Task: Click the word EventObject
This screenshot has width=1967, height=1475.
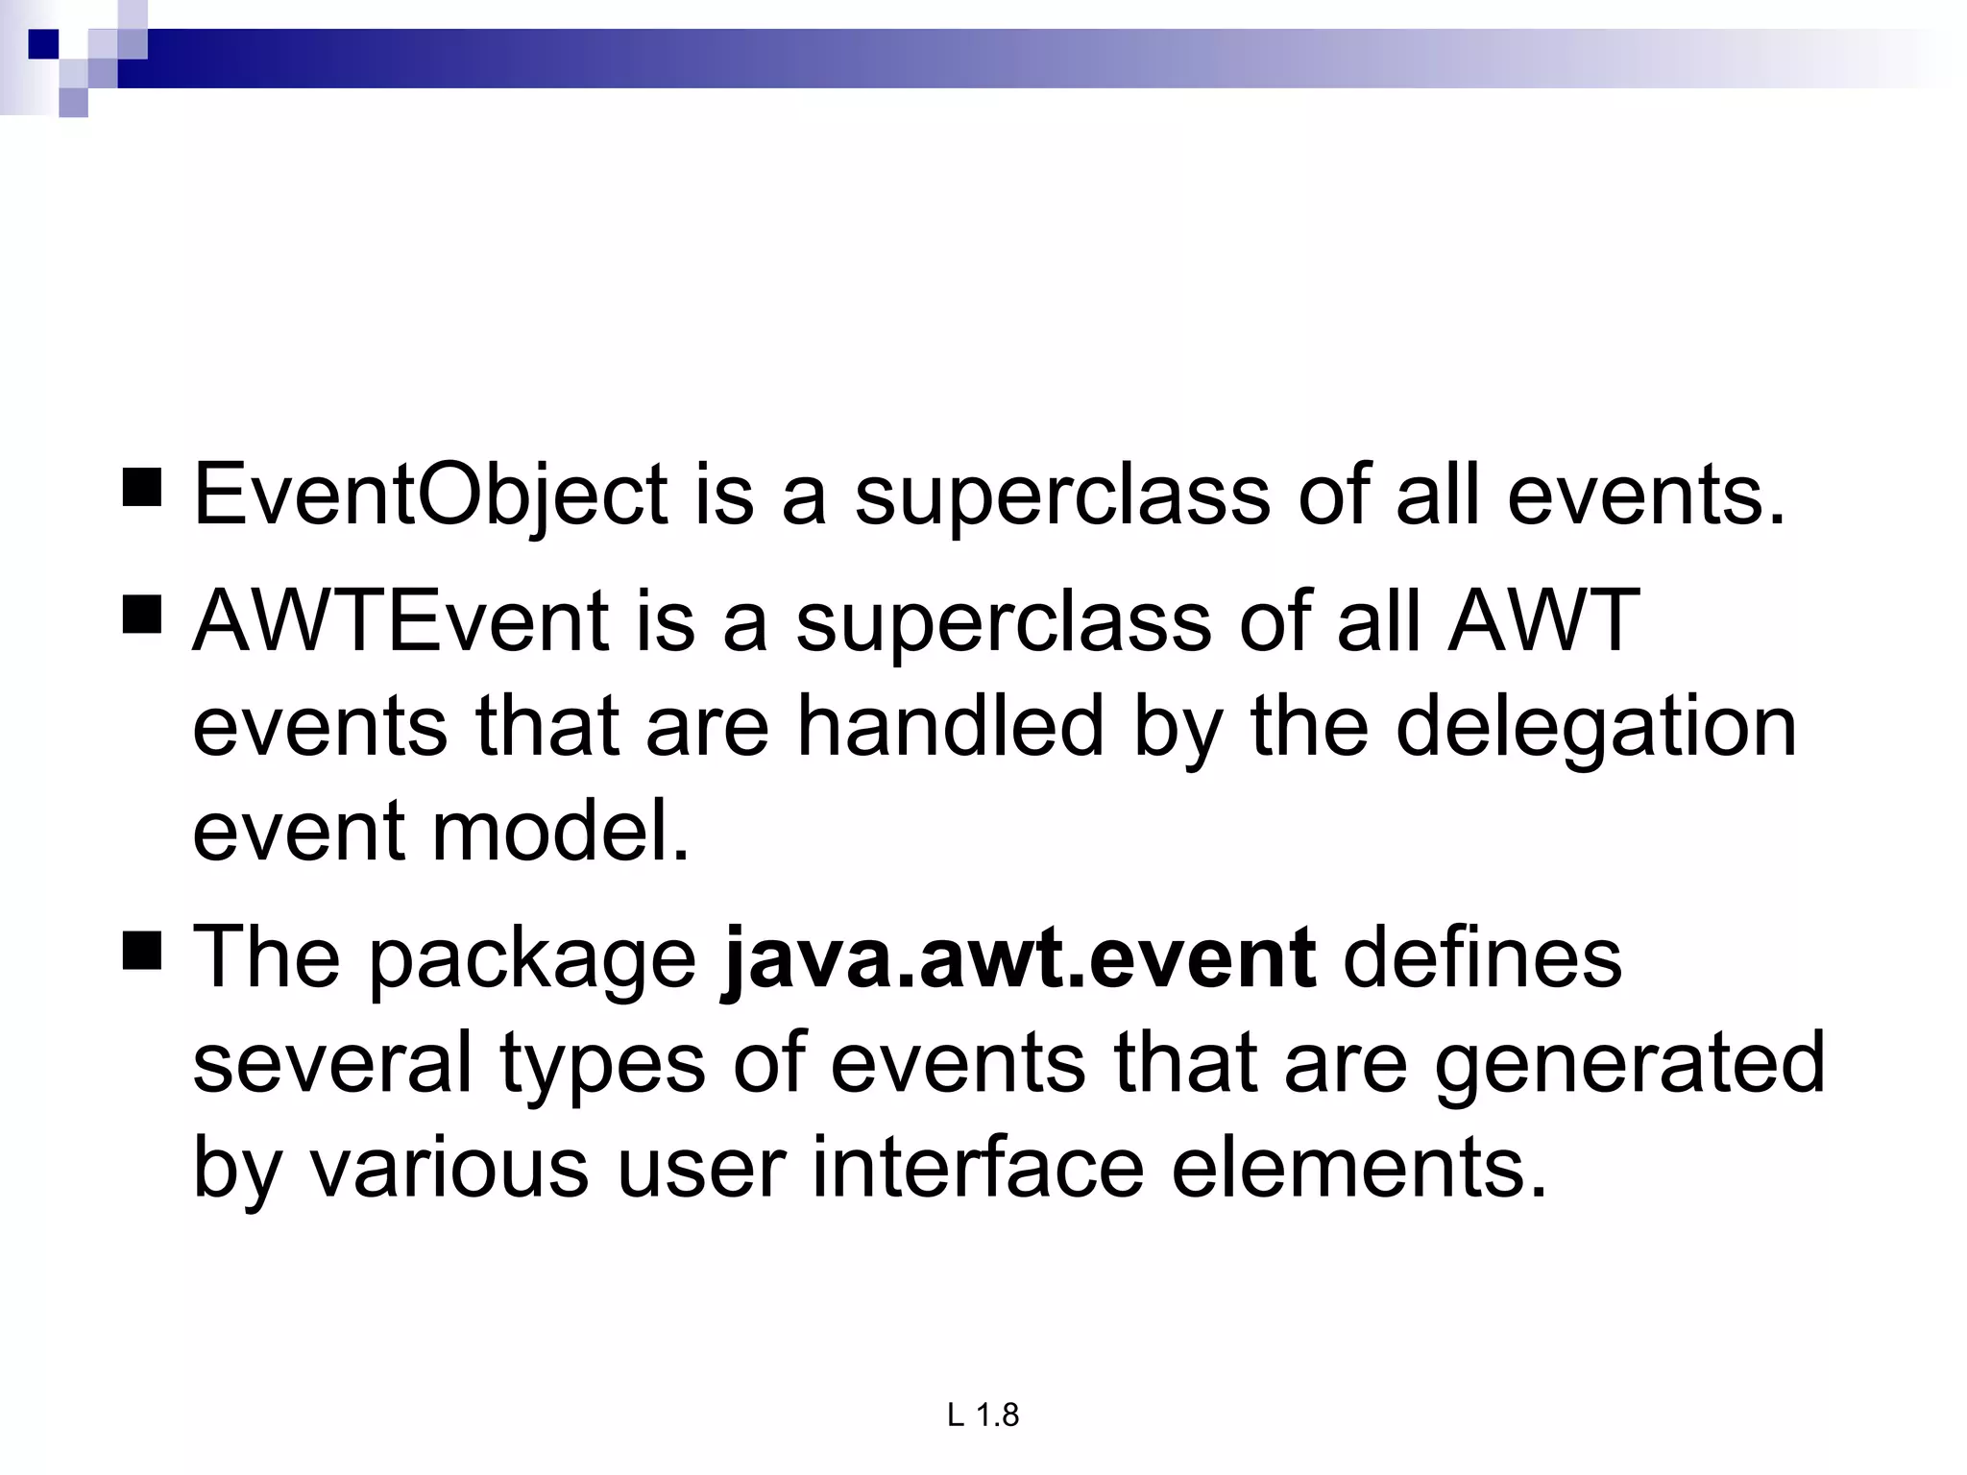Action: pyautogui.click(x=430, y=496)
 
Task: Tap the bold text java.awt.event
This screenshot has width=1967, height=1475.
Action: pyautogui.click(x=1019, y=957)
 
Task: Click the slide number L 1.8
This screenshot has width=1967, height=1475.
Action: pyautogui.click(x=983, y=1415)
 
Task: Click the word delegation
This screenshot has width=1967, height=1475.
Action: pyautogui.click(x=1595, y=727)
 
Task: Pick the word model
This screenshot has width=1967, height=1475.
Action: pyautogui.click(x=561, y=832)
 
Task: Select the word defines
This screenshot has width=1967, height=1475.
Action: pyautogui.click(x=1482, y=957)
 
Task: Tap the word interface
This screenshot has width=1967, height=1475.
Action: pyautogui.click(x=978, y=1169)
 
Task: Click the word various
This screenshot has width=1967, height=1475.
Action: pyautogui.click(x=449, y=1169)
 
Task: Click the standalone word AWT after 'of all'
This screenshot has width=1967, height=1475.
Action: pyautogui.click(x=1543, y=620)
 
